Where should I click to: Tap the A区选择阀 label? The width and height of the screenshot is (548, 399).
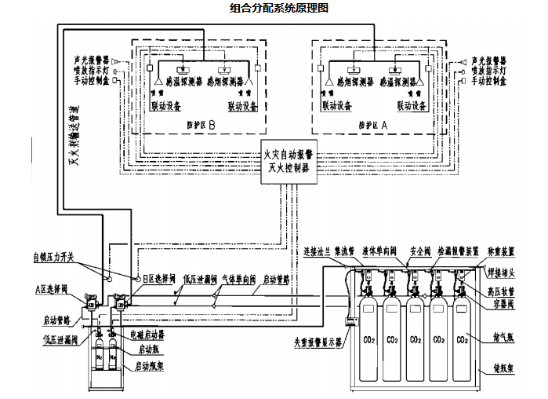pos(53,290)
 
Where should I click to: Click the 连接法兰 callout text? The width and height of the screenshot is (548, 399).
pos(317,251)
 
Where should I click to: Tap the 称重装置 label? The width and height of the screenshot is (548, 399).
pos(501,251)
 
